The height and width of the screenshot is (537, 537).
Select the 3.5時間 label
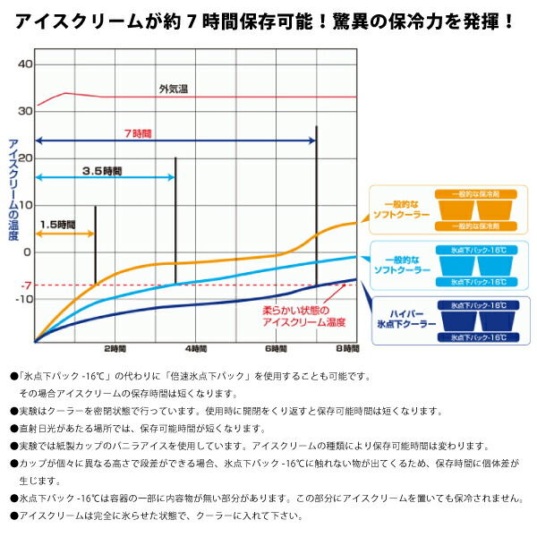tap(101, 170)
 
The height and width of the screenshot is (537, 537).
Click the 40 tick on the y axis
tap(25, 64)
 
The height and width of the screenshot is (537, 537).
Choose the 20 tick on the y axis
tap(25, 158)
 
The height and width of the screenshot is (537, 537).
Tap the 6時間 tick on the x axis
tap(276, 348)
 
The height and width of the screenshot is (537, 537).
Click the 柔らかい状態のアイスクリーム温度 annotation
tap(304, 316)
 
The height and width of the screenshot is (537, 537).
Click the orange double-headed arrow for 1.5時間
tap(64, 234)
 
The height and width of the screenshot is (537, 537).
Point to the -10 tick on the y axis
tap(25, 300)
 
